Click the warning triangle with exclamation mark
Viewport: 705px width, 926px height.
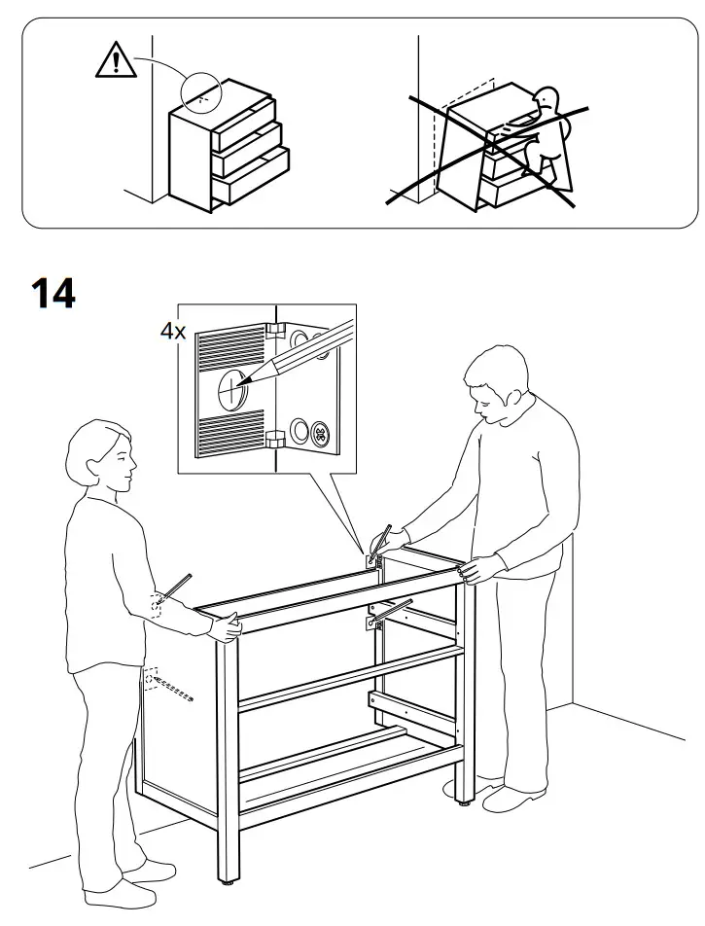(x=115, y=60)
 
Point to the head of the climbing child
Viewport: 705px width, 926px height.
(x=549, y=101)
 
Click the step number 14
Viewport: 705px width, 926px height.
(x=53, y=292)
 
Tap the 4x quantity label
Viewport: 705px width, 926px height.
(x=172, y=332)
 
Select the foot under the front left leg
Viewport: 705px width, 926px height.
(x=227, y=886)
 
